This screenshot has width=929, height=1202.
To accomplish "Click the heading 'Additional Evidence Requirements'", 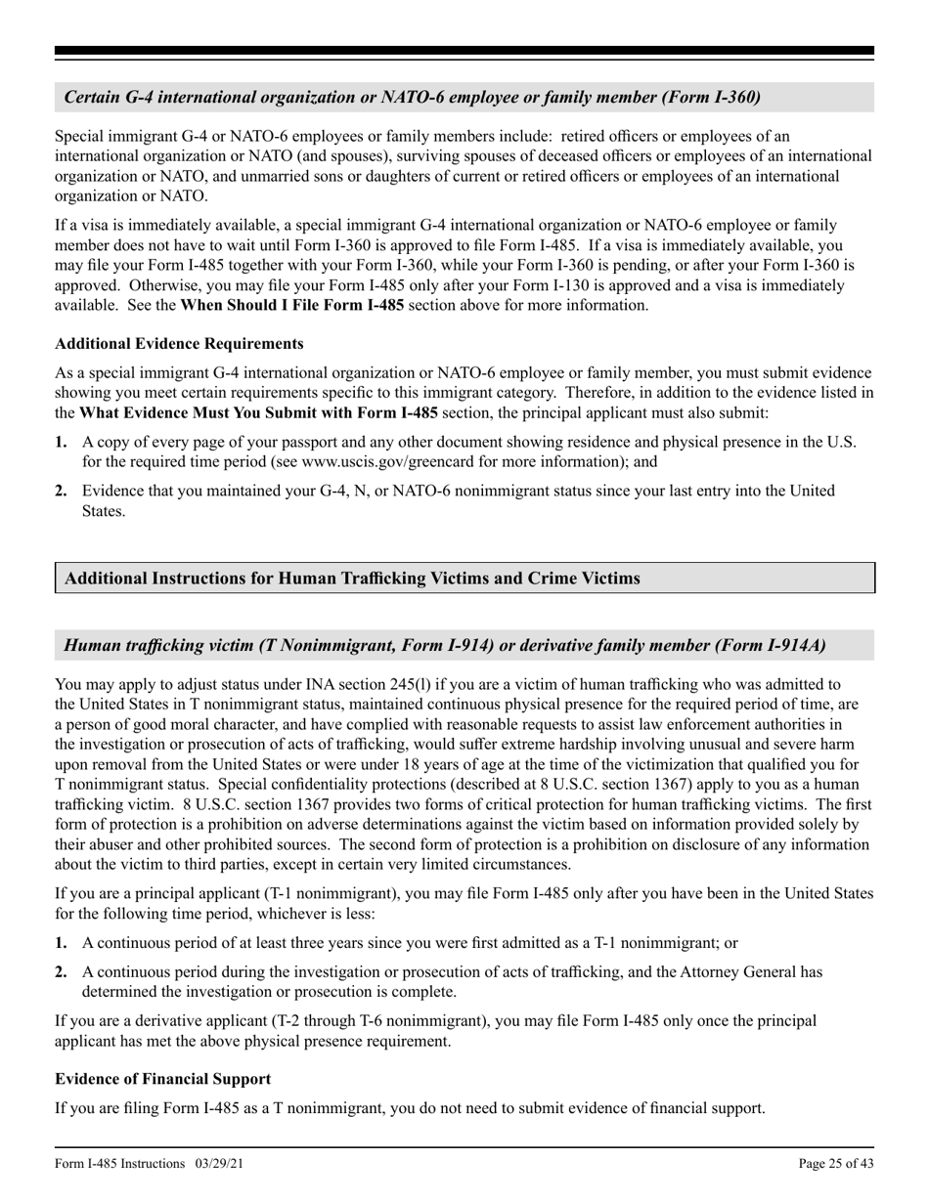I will (179, 344).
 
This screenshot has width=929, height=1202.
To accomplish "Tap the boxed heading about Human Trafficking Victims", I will (352, 579).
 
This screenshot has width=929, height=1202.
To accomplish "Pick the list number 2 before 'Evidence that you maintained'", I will (62, 491).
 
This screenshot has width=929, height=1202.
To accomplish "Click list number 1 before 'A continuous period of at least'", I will (62, 943).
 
